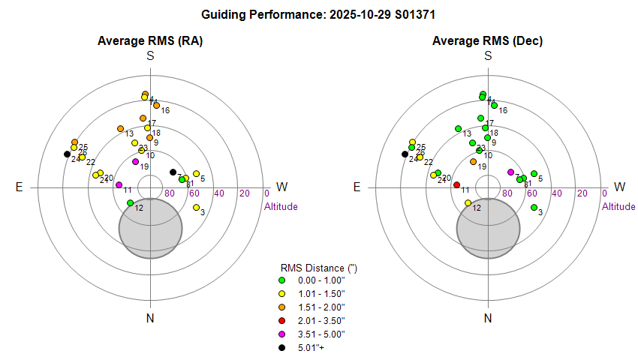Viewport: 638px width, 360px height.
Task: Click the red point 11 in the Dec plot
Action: [456, 184]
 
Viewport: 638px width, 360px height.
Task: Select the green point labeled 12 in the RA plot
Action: [131, 202]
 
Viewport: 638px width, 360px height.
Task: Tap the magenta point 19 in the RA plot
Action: [135, 161]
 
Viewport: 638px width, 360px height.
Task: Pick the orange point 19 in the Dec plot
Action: [473, 161]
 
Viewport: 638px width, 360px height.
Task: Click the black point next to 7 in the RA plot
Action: [173, 172]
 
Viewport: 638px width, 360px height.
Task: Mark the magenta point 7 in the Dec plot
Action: [510, 172]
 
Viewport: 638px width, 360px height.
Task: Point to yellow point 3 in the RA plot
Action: [196, 207]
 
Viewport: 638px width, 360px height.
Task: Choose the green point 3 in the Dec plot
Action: [534, 207]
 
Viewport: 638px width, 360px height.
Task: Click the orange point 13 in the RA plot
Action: [120, 128]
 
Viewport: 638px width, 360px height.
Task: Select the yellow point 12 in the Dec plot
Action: [468, 202]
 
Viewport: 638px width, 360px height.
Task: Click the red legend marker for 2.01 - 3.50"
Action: [282, 320]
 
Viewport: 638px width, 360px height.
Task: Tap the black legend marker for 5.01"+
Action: [282, 347]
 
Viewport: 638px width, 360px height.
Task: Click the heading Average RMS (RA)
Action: [150, 40]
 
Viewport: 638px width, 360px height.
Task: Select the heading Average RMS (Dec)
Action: [488, 40]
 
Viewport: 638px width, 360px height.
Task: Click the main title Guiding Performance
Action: [319, 13]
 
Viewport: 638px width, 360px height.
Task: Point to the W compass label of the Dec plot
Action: [620, 187]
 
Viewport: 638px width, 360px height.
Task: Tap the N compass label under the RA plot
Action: [150, 319]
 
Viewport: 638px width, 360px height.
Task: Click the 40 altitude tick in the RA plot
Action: [219, 193]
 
